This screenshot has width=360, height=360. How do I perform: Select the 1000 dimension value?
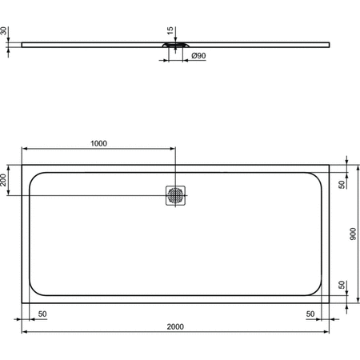click(x=98, y=144)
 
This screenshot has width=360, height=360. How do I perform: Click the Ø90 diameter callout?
click(x=198, y=56)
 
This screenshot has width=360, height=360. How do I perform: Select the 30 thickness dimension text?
click(x=4, y=31)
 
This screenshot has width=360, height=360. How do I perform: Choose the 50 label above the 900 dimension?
click(x=342, y=184)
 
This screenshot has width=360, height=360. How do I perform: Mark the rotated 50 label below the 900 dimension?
click(x=342, y=285)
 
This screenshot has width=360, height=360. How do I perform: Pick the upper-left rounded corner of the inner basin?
click(x=34, y=177)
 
